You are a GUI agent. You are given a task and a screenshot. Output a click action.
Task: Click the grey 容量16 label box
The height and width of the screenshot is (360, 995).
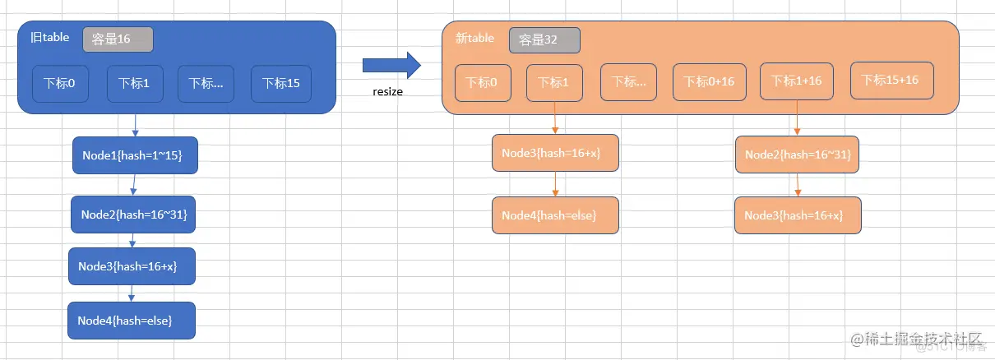point(118,39)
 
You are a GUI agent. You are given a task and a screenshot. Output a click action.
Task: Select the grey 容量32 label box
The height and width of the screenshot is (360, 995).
point(544,40)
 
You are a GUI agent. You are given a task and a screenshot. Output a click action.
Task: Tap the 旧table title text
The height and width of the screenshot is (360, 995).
point(50,37)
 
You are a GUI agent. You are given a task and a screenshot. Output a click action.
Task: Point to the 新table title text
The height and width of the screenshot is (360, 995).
point(474,38)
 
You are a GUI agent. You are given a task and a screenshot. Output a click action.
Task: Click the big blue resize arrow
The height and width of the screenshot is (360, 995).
point(391,65)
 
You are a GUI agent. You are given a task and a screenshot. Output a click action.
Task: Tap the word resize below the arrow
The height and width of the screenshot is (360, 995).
point(388,92)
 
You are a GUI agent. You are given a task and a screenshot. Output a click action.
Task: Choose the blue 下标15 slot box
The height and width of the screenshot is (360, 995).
point(281,83)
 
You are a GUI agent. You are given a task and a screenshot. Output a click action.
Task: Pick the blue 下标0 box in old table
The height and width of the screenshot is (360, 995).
point(60,83)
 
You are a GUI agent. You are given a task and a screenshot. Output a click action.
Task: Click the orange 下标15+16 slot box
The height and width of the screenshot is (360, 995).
point(891,81)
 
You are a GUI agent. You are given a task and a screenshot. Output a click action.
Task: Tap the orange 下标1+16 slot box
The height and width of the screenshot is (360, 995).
point(797,81)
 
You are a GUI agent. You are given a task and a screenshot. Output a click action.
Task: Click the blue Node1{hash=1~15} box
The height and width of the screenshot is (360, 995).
point(135,155)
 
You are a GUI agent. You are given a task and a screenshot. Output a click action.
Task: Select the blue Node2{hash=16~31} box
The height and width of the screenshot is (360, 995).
point(134,215)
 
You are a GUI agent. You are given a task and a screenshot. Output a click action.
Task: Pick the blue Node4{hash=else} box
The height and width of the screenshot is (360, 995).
point(132,321)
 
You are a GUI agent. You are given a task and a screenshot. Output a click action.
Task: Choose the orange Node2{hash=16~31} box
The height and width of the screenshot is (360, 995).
point(797,155)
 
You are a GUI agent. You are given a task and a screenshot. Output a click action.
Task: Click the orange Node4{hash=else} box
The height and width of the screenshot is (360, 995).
point(555,215)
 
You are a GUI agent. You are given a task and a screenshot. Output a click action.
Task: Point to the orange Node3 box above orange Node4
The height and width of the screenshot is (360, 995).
point(555,153)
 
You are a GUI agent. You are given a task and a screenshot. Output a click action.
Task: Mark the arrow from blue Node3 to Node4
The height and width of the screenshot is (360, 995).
point(132,293)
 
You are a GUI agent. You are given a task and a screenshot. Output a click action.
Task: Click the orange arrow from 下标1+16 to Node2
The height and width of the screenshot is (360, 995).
point(797,118)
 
